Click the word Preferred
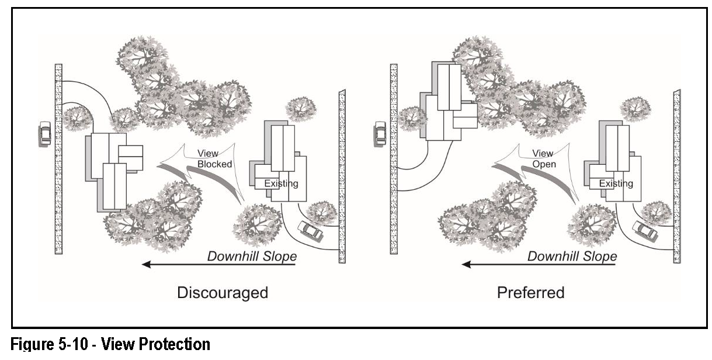coord(530,292)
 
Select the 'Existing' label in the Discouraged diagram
coord(281,184)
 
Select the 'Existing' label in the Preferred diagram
coord(615,184)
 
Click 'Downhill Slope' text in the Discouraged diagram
coord(252,256)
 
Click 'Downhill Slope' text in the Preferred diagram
coord(572,256)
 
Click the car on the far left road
coord(45,134)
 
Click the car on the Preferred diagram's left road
coord(380,132)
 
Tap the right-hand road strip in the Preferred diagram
coord(676,175)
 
